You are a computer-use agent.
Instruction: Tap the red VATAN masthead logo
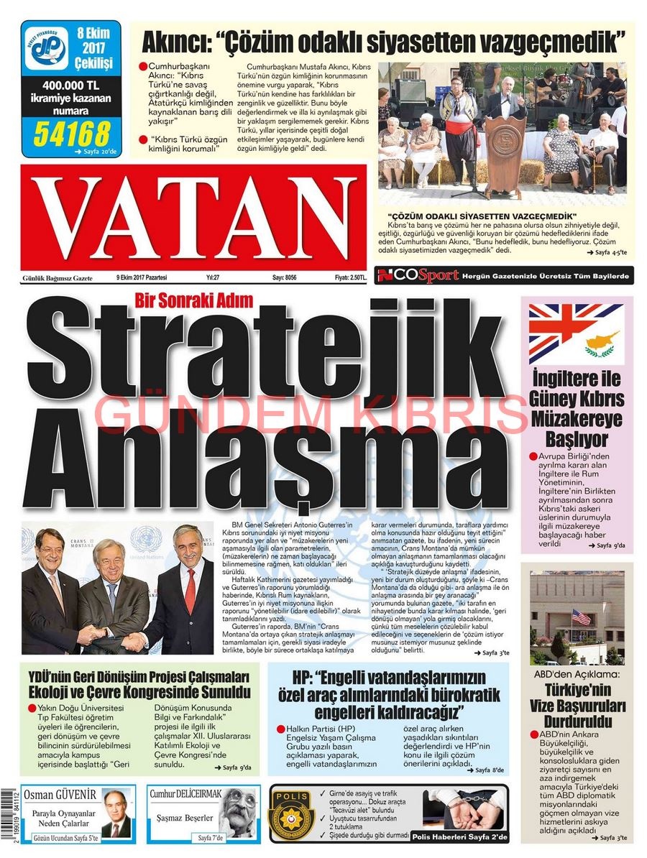click(194, 213)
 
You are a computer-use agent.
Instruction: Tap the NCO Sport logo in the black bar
click(418, 275)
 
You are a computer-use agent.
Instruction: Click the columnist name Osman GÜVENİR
click(60, 795)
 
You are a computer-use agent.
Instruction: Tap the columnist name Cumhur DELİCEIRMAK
click(185, 793)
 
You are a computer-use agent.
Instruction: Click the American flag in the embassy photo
click(581, 617)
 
